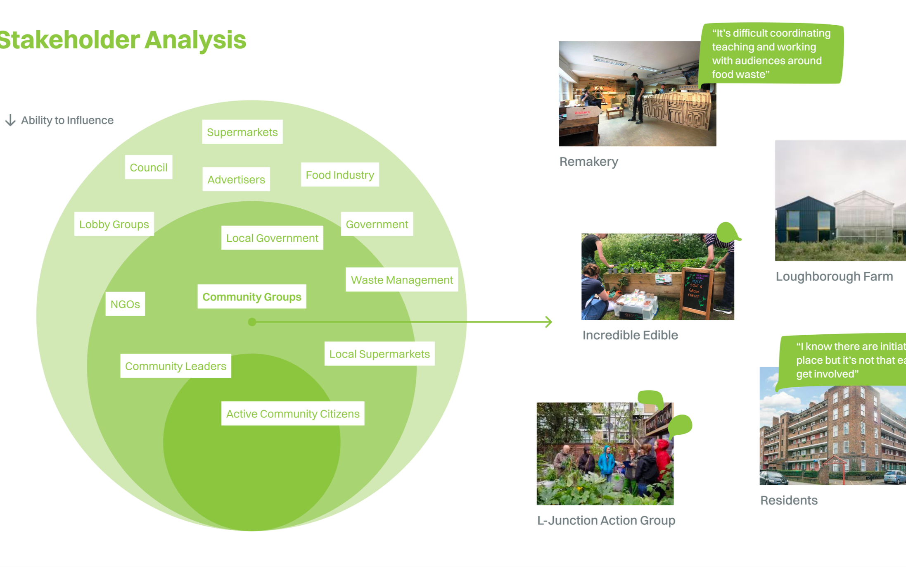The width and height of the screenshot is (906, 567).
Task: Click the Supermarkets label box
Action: point(242,132)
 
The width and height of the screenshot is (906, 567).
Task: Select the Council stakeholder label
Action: point(148,167)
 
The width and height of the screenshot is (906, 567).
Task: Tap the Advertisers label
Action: point(236,179)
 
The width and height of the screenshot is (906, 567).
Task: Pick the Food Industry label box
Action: point(339,175)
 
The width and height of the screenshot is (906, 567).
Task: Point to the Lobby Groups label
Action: point(114,224)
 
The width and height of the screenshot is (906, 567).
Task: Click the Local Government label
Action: point(272,238)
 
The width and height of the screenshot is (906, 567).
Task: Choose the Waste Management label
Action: point(401,280)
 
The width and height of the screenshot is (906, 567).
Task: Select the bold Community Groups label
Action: point(251,297)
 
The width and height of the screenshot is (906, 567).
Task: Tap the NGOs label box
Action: point(125,304)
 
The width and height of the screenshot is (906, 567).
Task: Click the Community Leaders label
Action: point(176,366)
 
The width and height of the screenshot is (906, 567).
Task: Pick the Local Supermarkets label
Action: point(379,354)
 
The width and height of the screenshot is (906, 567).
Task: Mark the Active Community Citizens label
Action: point(292,414)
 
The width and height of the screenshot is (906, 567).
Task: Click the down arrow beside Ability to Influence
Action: point(10,120)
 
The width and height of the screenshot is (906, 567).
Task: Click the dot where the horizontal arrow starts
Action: point(252,322)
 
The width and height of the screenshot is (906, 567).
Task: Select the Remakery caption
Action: point(588,162)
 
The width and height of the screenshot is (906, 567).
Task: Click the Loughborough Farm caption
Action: point(834,276)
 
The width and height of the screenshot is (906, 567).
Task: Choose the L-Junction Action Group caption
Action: point(606,520)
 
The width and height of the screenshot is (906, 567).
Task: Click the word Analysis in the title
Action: point(195,40)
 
